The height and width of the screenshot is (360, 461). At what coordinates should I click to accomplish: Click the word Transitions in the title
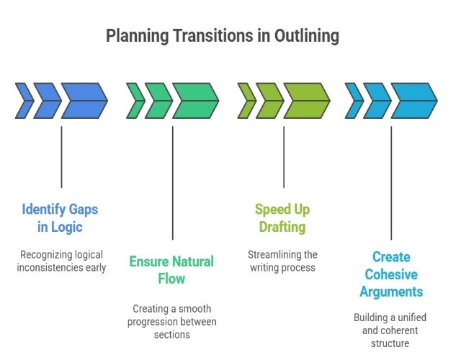(194, 36)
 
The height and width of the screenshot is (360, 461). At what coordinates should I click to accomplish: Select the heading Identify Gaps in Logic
(60, 219)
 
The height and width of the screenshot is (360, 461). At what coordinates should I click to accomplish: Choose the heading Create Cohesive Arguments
(392, 274)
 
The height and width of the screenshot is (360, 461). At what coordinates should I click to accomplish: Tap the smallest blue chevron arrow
(23, 101)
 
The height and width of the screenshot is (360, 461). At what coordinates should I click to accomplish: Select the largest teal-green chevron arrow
(195, 101)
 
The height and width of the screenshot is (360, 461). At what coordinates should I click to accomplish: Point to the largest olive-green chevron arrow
(306, 101)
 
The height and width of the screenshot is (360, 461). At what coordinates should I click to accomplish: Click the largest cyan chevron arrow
(413, 101)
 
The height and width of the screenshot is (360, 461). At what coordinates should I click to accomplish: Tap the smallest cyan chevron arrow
(353, 101)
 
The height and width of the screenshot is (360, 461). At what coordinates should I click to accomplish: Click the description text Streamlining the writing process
(282, 261)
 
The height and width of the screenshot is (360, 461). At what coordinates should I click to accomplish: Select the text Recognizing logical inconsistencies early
(61, 261)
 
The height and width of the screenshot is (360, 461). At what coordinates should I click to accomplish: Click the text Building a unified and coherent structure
(391, 330)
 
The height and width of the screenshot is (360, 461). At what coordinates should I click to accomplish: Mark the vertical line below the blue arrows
(61, 157)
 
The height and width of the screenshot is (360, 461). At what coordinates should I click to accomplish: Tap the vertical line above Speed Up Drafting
(284, 157)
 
